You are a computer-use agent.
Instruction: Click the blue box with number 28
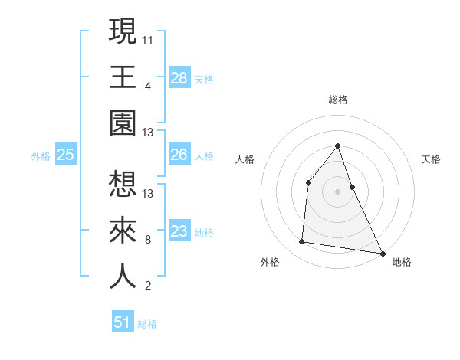click(x=179, y=78)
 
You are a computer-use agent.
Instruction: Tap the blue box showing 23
click(x=179, y=231)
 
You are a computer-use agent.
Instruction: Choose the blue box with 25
click(x=66, y=155)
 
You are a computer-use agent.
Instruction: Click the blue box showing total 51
click(x=123, y=322)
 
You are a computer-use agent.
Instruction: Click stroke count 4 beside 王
click(x=148, y=87)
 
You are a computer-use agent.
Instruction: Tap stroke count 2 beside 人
click(x=148, y=286)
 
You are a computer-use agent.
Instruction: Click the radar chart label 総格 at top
click(x=338, y=100)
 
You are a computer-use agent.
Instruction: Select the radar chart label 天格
click(x=431, y=159)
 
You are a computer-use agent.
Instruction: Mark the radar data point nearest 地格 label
click(x=383, y=253)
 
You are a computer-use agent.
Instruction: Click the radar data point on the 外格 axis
click(x=302, y=242)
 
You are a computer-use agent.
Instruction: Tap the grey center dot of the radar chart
click(x=338, y=191)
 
